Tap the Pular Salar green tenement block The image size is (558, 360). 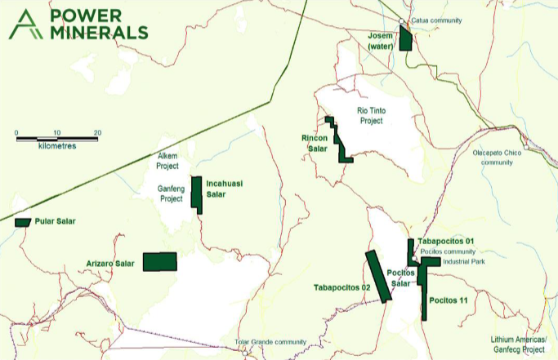[22, 222]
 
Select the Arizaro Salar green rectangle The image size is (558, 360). [159, 261]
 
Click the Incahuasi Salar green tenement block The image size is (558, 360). [196, 194]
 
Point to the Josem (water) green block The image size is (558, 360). [405, 38]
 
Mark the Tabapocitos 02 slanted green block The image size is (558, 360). [377, 277]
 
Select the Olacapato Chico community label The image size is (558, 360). [493, 157]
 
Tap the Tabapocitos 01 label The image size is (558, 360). [445, 242]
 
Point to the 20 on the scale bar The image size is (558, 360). [96, 132]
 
